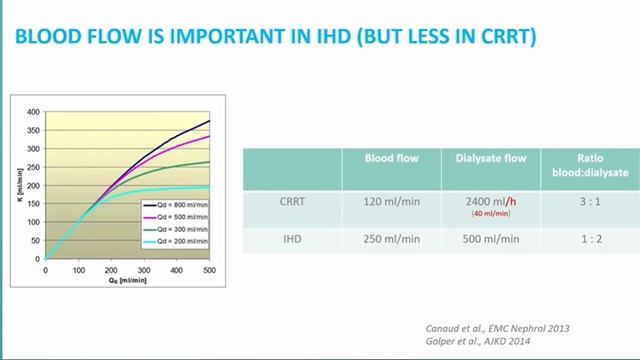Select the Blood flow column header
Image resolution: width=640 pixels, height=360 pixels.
pyautogui.click(x=391, y=158)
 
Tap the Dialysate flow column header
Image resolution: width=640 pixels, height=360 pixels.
pyautogui.click(x=490, y=158)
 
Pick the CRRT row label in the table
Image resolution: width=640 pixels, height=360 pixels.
pyautogui.click(x=292, y=200)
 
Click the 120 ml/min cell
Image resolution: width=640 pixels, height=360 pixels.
pyautogui.click(x=391, y=200)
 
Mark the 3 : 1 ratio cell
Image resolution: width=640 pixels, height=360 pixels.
pyautogui.click(x=589, y=200)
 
